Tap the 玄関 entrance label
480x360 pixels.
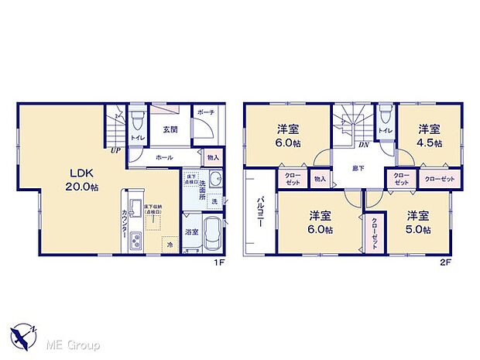(x=170, y=129)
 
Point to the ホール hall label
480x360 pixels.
(x=164, y=157)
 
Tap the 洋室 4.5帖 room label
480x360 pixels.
(x=431, y=135)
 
